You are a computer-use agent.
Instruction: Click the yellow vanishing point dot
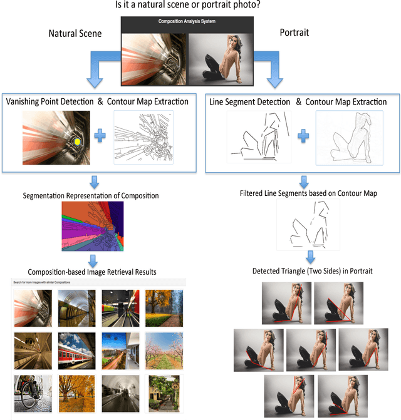(x=77, y=141)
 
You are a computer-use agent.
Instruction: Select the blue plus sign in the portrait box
(x=301, y=136)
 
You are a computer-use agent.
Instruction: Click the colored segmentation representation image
(x=92, y=225)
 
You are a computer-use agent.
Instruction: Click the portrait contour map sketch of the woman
(x=348, y=138)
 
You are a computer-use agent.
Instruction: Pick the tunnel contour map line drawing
(x=143, y=138)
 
